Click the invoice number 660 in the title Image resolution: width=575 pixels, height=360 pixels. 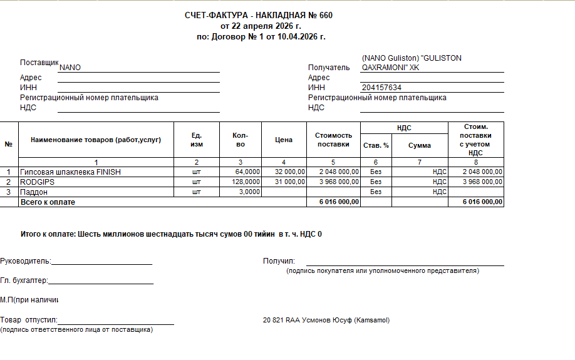pos(326,15)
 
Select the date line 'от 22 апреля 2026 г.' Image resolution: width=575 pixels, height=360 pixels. pos(261,26)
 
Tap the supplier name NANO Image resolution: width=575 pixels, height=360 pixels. pos(70,68)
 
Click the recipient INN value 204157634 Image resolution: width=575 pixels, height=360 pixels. pos(381,88)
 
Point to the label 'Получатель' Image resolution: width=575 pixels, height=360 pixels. pos(328,68)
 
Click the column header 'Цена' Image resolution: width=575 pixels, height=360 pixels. pos(284,140)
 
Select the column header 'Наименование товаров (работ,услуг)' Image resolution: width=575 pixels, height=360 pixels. pos(96,139)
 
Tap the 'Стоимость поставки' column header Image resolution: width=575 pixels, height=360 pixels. pos(333,140)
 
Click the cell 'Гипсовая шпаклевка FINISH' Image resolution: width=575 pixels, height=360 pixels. pos(70,172)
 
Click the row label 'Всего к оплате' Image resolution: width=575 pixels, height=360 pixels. pos(48,202)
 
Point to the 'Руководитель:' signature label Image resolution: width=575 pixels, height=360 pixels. pos(26,261)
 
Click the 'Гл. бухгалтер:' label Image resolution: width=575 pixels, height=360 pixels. pos(24,281)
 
